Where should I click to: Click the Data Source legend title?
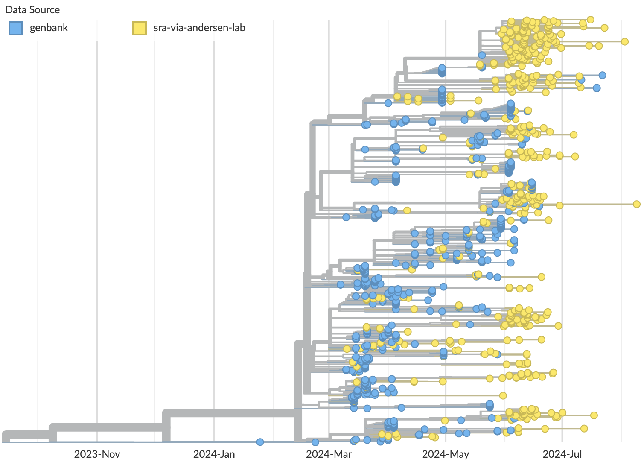coord(32,10)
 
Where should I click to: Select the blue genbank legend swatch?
coord(16,28)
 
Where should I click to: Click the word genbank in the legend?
coord(49,28)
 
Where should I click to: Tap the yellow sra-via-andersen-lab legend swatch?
coord(140,28)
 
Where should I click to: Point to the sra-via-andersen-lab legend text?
coord(199,28)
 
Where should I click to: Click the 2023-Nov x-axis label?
coord(97,454)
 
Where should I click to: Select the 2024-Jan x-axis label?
coord(214,454)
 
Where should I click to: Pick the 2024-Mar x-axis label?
coord(329,454)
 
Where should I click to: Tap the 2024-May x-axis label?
coord(446,454)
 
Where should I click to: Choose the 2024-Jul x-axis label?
coord(562,454)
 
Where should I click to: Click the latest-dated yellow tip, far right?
coord(636,204)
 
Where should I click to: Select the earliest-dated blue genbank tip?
coord(260,442)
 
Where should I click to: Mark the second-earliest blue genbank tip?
coord(315,442)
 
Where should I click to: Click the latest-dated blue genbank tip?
coord(602,75)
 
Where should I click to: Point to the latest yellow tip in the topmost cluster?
coord(625,41)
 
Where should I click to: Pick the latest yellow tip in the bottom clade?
coord(594,415)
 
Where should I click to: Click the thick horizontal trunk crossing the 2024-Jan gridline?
coord(214,413)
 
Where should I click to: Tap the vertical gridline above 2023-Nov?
coord(97,213)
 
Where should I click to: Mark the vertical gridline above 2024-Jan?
coord(214,213)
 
